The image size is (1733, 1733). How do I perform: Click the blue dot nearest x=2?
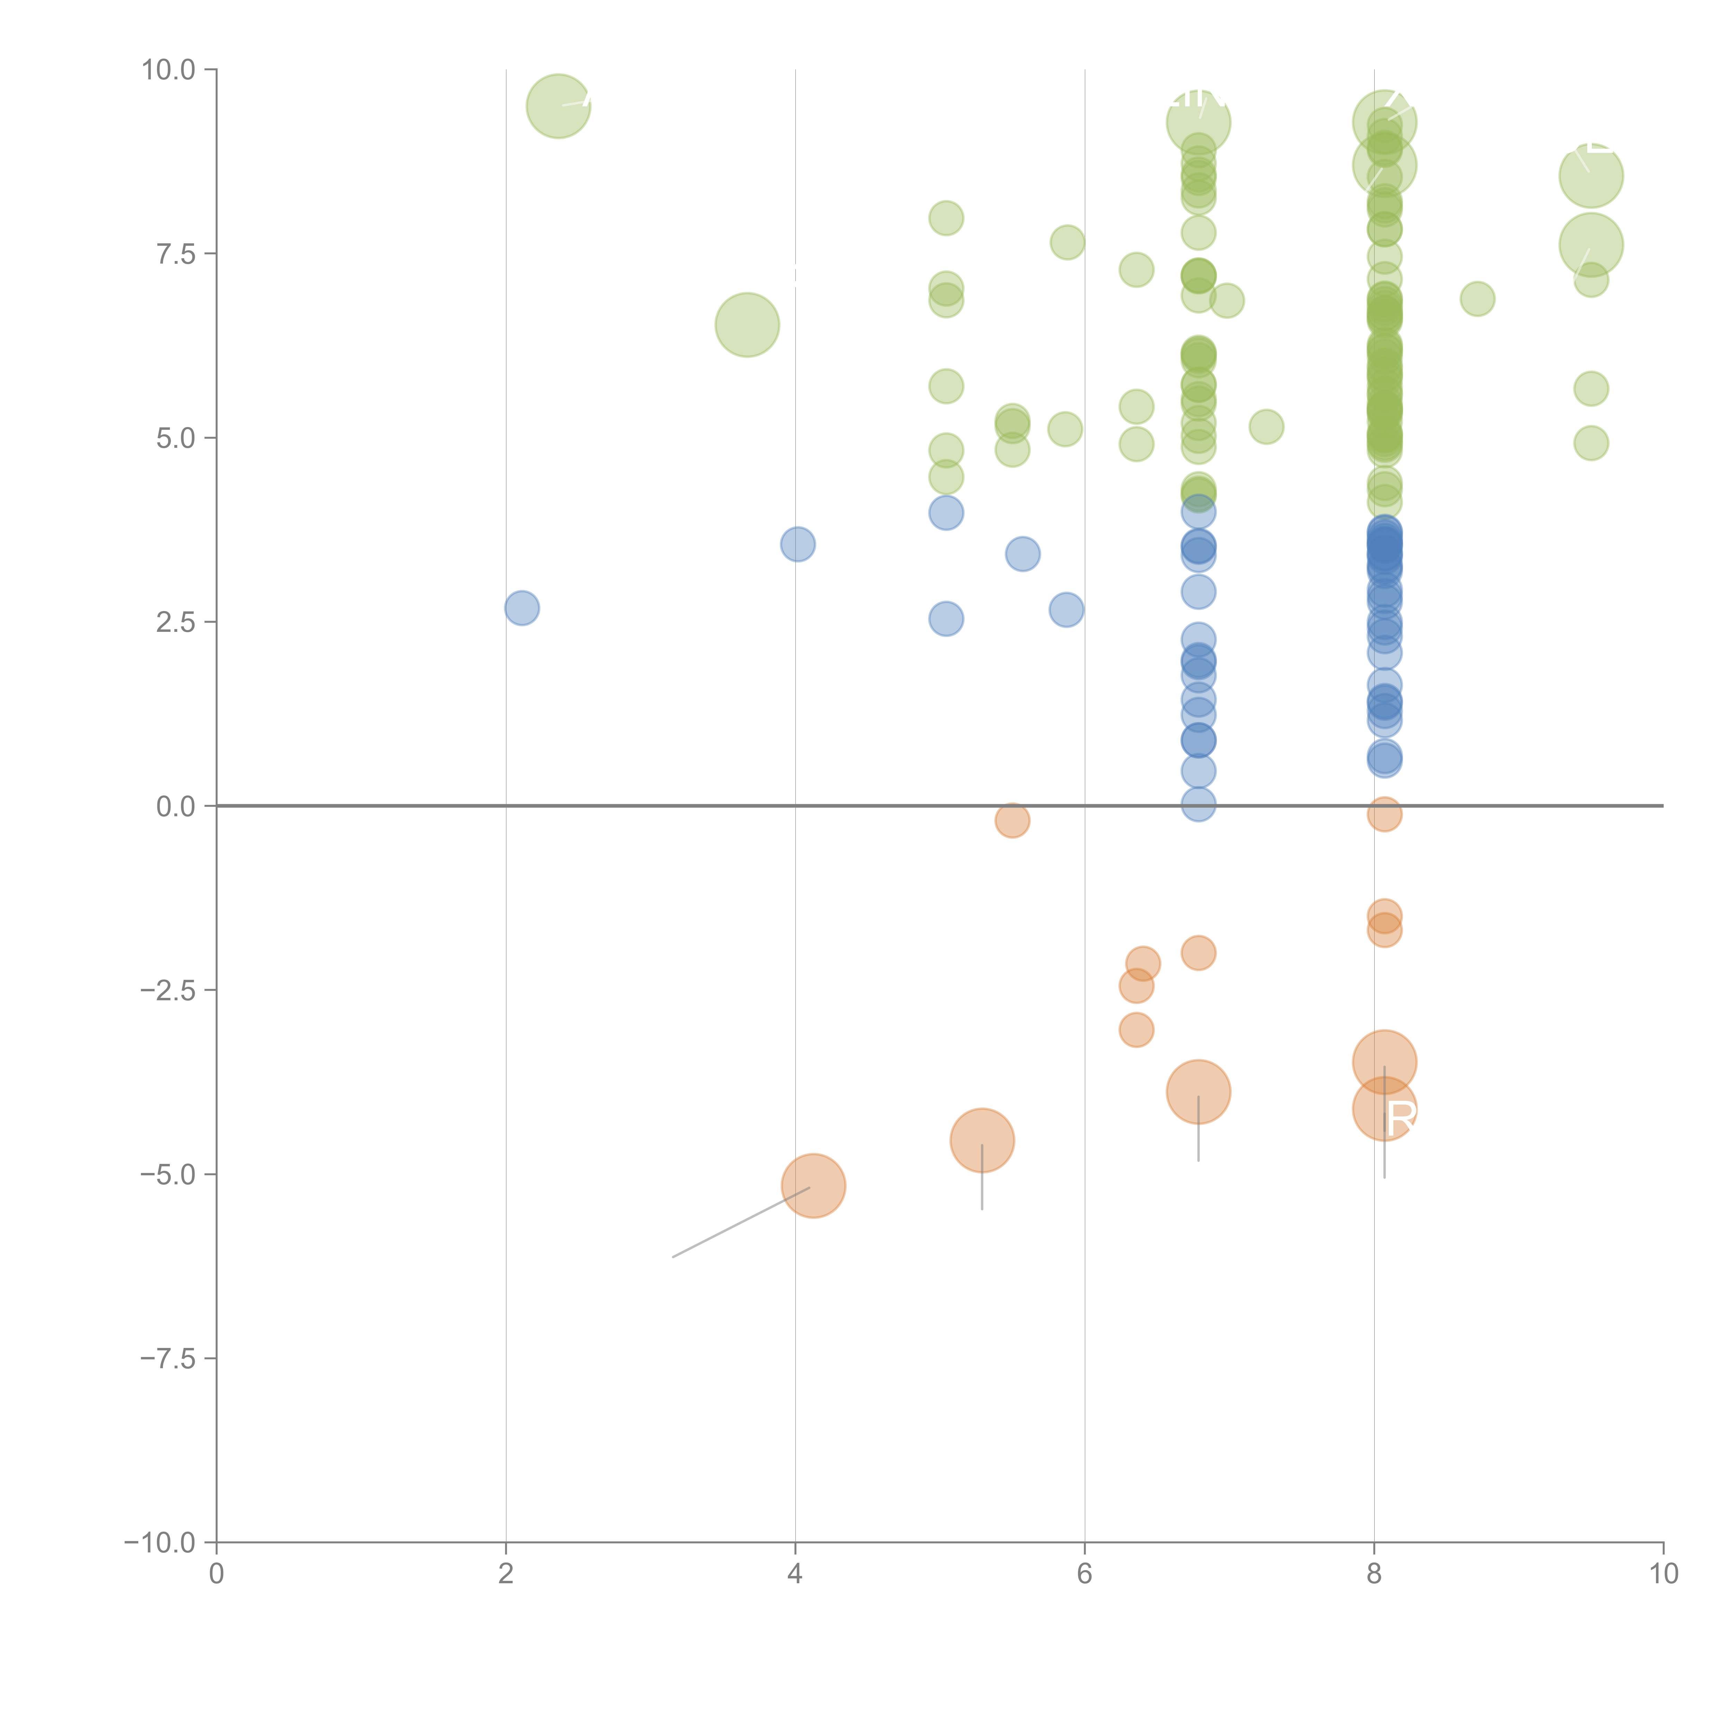[522, 608]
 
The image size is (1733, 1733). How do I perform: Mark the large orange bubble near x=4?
[813, 1186]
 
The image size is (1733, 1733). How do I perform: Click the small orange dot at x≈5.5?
[1012, 820]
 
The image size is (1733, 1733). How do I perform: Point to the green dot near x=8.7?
[1477, 299]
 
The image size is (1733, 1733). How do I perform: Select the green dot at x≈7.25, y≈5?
[1266, 427]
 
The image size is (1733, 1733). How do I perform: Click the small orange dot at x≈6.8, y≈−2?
[1199, 952]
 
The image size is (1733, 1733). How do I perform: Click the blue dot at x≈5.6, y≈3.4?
[1022, 554]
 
